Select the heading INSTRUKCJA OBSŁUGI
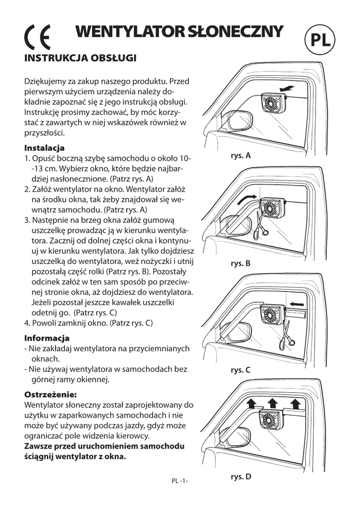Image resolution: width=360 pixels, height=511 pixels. (x=81, y=58)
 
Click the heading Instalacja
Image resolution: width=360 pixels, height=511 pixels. (x=44, y=148)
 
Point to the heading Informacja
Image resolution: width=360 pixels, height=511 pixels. (x=47, y=338)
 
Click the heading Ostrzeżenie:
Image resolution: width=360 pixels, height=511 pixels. (x=50, y=394)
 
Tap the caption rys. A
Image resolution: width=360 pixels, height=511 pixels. (x=240, y=156)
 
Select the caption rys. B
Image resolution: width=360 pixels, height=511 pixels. (x=240, y=263)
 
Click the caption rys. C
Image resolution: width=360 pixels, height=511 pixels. (x=240, y=370)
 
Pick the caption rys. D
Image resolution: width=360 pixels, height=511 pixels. (x=241, y=477)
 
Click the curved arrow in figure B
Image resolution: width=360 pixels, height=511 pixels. (x=248, y=199)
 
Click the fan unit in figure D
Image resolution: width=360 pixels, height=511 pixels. (x=273, y=424)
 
